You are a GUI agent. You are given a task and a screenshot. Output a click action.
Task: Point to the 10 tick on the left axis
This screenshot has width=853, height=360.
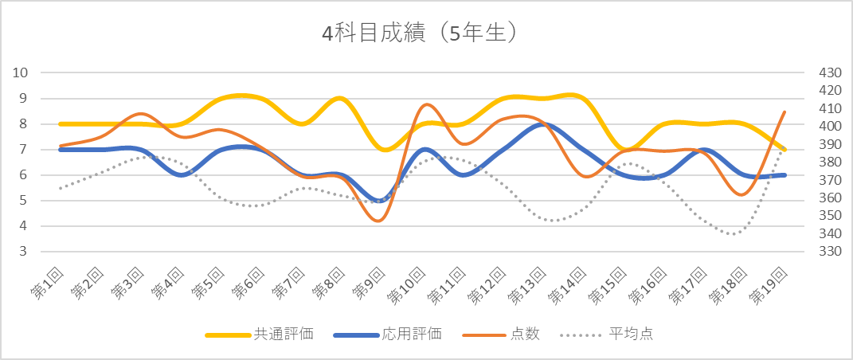(x=21, y=72)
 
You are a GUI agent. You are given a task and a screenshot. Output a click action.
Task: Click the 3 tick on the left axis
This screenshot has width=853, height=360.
(x=24, y=252)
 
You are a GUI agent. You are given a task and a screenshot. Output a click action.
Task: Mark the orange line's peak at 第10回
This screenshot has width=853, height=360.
(x=426, y=104)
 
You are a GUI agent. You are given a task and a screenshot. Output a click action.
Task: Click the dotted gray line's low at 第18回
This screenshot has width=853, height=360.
(x=734, y=234)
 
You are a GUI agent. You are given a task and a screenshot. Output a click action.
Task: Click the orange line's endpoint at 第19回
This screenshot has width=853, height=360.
(x=785, y=112)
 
